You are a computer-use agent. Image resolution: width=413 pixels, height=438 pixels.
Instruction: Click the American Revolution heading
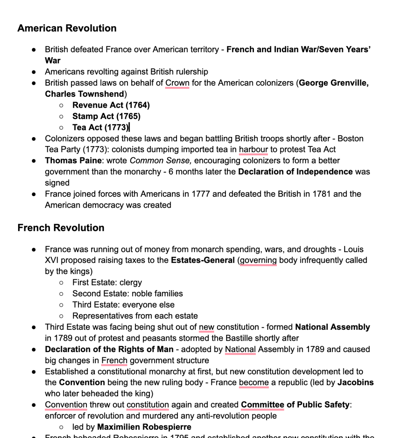click(x=67, y=28)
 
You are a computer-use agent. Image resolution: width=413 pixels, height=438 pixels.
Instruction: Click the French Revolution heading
click(x=61, y=228)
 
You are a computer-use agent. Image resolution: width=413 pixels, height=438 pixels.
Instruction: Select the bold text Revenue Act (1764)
click(x=111, y=105)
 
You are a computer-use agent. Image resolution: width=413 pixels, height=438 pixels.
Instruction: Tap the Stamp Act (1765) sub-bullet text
click(x=106, y=116)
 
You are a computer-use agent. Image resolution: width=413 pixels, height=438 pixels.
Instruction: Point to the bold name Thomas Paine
click(x=73, y=160)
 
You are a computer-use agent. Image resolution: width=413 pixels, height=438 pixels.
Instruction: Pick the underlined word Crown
click(x=177, y=83)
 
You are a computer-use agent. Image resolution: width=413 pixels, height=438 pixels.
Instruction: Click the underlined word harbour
click(x=253, y=149)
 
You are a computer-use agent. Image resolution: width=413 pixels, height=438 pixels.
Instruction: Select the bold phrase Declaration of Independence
click(x=295, y=171)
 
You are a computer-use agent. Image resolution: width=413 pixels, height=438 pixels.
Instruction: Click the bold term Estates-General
click(x=203, y=260)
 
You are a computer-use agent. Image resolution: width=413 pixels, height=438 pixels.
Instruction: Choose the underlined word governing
click(x=258, y=260)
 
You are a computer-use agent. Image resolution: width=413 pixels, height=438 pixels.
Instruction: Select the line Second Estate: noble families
click(x=128, y=294)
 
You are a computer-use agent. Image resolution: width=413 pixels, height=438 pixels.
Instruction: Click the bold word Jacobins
click(x=356, y=382)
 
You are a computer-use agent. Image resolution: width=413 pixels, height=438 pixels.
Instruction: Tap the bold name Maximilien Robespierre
click(x=144, y=427)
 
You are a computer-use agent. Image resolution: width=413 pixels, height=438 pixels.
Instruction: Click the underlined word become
click(x=254, y=382)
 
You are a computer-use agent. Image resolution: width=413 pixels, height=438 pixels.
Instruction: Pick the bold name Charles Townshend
click(x=85, y=94)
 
